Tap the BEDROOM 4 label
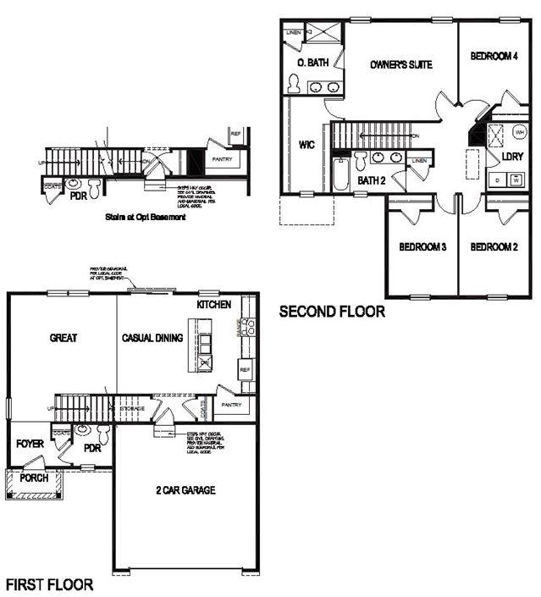(x=494, y=57)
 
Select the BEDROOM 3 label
(x=422, y=247)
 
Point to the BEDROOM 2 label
(x=494, y=247)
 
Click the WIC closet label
(x=307, y=145)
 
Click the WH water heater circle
(x=518, y=132)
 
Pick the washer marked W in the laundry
(x=515, y=180)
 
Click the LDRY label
(x=512, y=157)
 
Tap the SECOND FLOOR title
(x=332, y=312)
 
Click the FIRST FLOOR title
(x=49, y=584)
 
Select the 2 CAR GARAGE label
(x=185, y=490)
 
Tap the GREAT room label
(x=63, y=338)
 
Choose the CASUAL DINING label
(x=153, y=338)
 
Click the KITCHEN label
(x=213, y=304)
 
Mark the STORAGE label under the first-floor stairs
(x=131, y=409)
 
